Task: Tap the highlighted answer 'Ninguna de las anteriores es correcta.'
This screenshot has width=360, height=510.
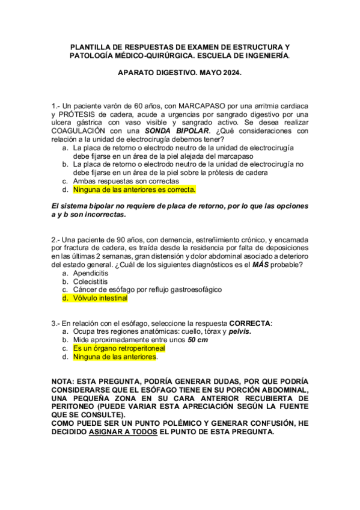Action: [x=134, y=189]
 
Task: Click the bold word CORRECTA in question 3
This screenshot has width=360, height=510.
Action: [x=250, y=323]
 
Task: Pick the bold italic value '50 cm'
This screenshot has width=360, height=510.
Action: [x=198, y=340]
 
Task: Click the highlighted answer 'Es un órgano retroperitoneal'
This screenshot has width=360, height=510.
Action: [x=118, y=348]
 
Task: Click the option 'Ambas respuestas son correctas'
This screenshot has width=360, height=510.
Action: [x=126, y=181]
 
